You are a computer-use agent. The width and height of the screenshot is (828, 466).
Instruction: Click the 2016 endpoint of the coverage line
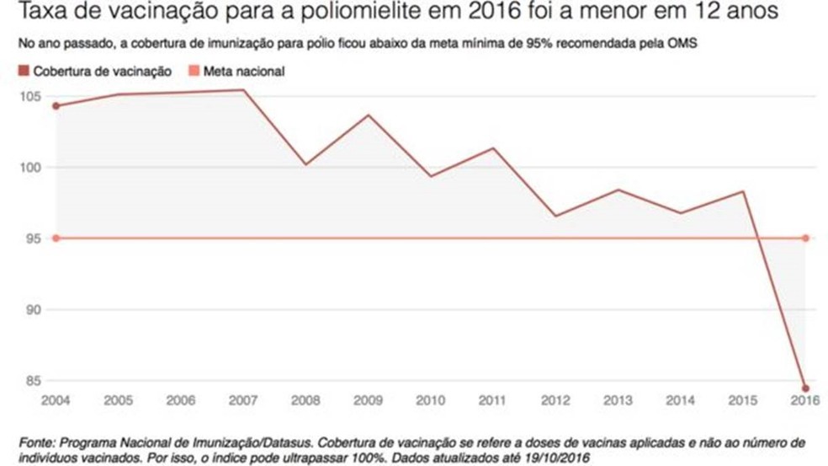(805, 388)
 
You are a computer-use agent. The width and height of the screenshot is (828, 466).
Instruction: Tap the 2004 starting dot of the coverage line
(56, 105)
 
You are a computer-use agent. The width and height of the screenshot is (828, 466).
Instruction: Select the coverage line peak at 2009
(369, 115)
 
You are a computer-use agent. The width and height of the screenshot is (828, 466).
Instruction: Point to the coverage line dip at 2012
(556, 216)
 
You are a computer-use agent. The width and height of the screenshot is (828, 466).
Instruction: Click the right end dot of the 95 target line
(805, 238)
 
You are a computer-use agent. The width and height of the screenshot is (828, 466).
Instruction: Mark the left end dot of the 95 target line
(56, 238)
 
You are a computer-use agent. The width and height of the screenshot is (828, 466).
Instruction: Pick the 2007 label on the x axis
(243, 400)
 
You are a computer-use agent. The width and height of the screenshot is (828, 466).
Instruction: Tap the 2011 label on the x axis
(493, 400)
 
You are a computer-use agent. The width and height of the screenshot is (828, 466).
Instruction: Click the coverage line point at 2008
(306, 163)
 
